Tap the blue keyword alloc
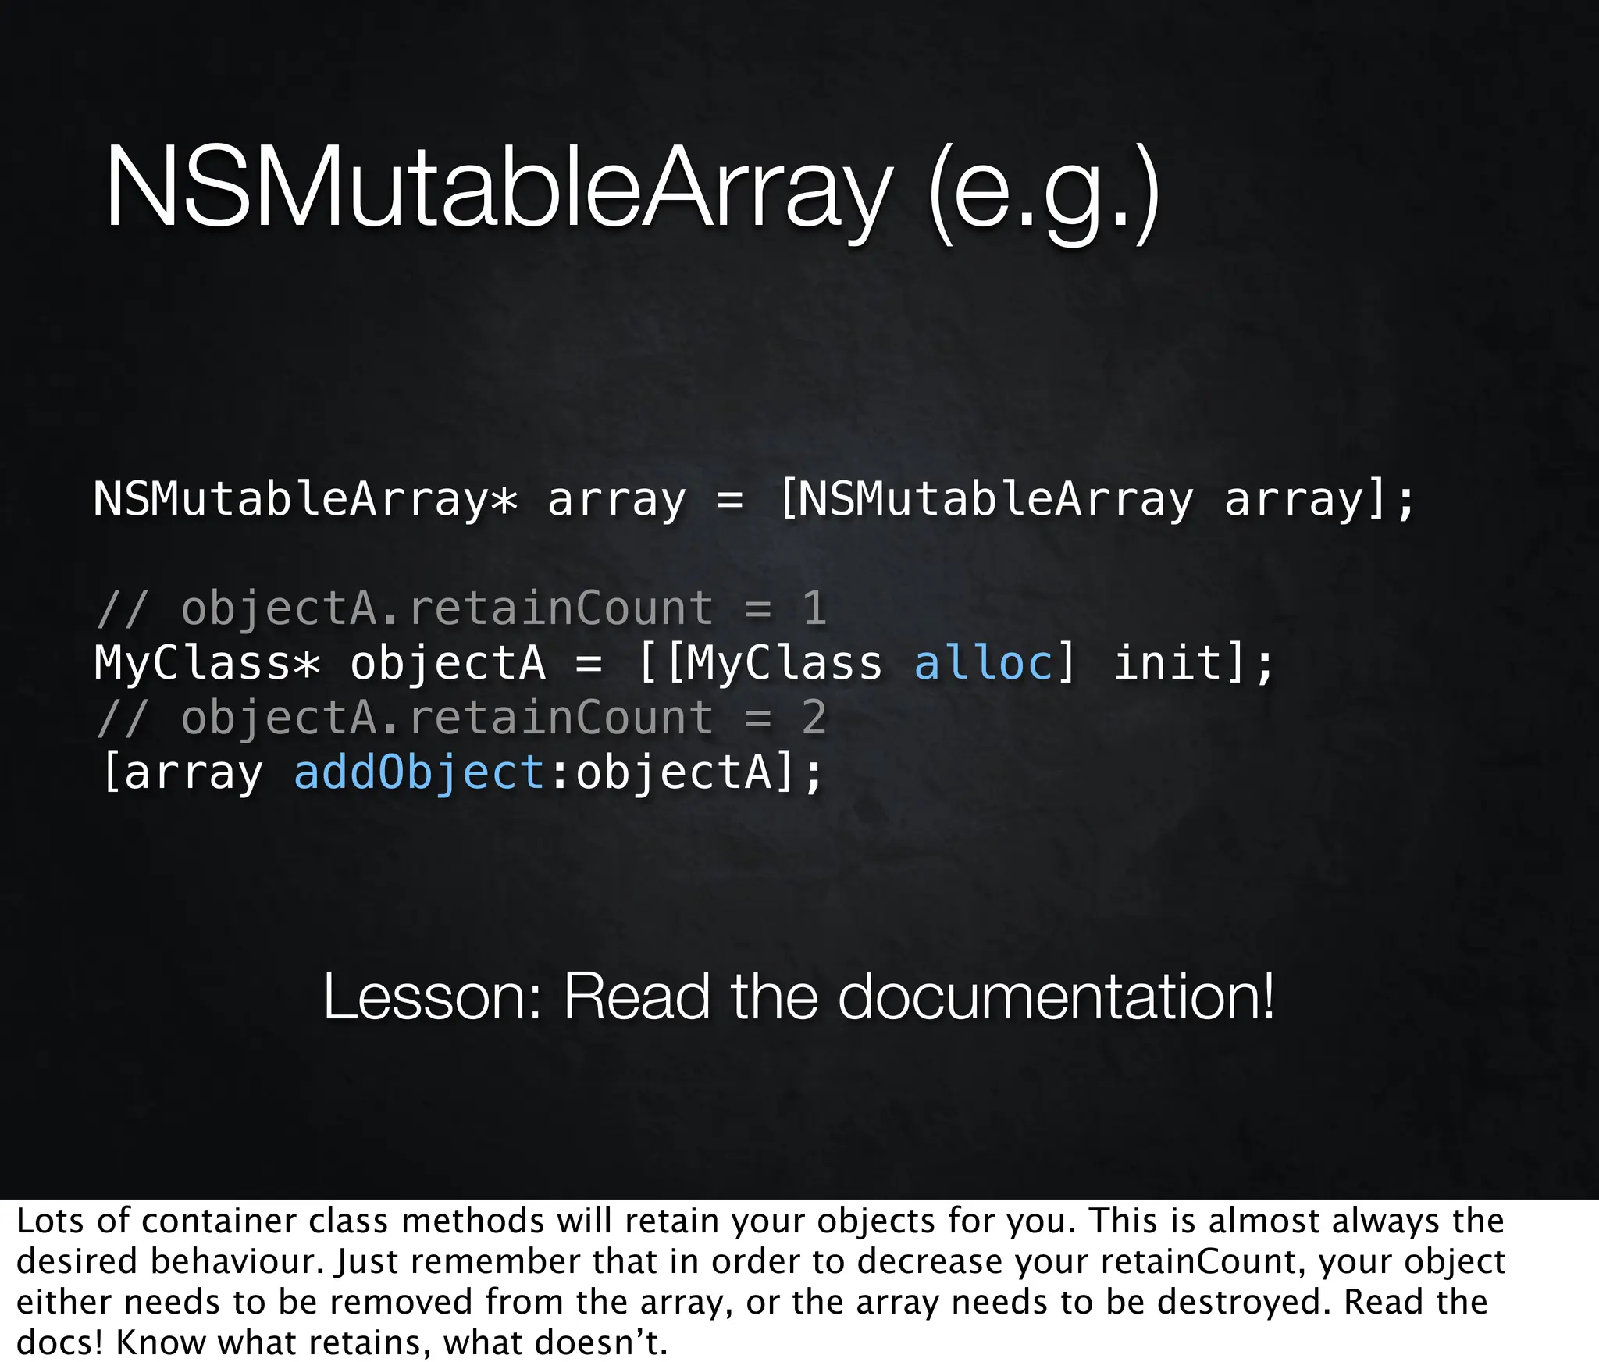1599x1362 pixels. click(x=983, y=663)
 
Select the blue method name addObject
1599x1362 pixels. click(x=418, y=772)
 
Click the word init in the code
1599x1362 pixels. click(x=1167, y=663)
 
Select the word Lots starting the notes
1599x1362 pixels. click(x=49, y=1221)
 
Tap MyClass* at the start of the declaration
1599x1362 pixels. click(x=207, y=663)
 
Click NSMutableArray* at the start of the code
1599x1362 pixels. click(x=305, y=499)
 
